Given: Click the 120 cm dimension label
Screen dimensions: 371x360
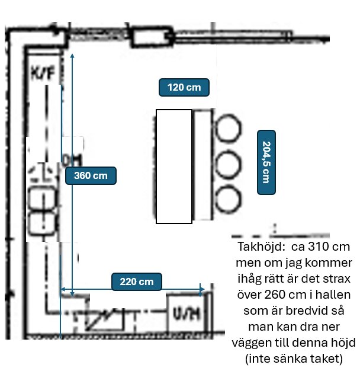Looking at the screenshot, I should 184,88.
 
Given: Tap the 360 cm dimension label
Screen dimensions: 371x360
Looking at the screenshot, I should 91,175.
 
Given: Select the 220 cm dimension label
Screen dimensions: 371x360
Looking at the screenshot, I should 136,282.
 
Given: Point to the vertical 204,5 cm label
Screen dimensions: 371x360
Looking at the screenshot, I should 266,162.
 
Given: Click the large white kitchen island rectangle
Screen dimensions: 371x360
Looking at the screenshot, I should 174,166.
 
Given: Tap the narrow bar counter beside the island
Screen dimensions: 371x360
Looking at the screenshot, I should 202,165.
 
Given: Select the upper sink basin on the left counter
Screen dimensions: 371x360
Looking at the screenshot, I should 43,197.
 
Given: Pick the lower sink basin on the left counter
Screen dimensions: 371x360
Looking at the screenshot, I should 43,222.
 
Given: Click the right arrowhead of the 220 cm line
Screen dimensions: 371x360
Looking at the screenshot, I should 202,290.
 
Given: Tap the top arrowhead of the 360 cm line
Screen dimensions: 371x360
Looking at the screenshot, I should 72,55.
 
